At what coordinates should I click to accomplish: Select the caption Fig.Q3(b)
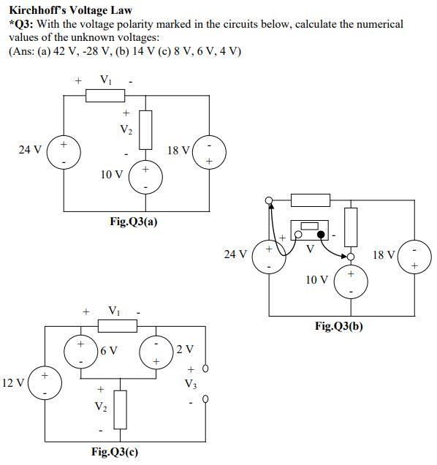coord(338,326)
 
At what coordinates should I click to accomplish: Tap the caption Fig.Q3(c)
coord(114,451)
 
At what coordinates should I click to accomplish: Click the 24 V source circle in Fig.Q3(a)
coord(64,152)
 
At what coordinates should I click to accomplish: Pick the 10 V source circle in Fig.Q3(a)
coord(145,178)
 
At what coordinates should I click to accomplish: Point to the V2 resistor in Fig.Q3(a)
coord(145,128)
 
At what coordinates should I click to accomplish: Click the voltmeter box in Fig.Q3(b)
coord(308,231)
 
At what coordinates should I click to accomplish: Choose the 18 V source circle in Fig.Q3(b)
coord(414,257)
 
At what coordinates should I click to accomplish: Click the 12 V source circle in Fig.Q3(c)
coord(45,385)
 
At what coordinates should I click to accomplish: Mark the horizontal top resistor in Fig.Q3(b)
coord(311,200)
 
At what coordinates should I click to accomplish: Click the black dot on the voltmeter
coord(319,234)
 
